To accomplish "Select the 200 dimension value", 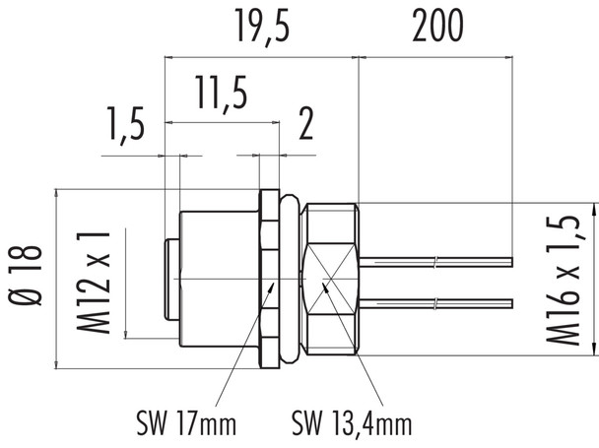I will click(436, 28).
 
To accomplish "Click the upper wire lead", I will click(438, 261).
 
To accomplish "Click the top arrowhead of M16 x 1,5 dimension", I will click(593, 211).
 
